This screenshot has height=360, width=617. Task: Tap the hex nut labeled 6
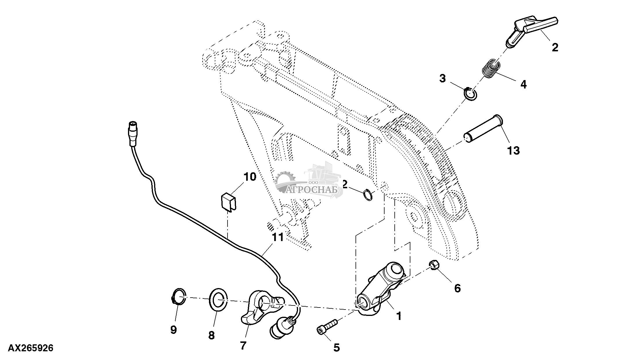[434, 265]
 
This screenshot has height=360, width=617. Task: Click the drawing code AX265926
[30, 348]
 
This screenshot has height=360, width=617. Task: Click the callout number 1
[399, 316]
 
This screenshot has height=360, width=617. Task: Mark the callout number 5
[336, 347]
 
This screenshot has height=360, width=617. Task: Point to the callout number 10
[250, 177]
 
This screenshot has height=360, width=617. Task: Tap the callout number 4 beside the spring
[523, 84]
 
